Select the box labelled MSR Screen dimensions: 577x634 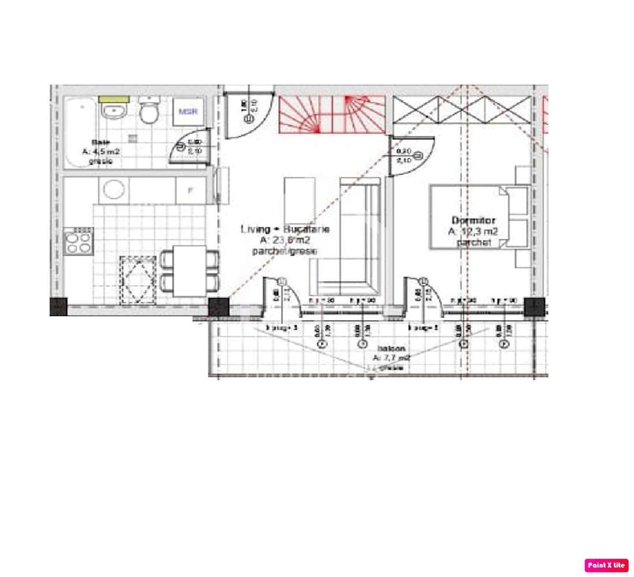tap(188, 111)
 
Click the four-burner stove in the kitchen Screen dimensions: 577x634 tap(79, 241)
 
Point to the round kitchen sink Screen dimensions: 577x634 tap(113, 190)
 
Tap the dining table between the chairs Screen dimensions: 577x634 tap(189, 270)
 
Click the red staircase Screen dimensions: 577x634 tap(331, 114)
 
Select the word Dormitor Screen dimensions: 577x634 tap(473, 220)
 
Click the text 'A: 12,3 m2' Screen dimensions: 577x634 tap(473, 231)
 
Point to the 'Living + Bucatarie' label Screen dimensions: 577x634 tap(285, 229)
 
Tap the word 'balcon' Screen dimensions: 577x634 tap(391, 349)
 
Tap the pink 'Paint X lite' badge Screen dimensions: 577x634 tap(606, 565)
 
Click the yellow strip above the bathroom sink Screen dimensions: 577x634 tap(113, 99)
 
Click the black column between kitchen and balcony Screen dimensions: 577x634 tap(218, 306)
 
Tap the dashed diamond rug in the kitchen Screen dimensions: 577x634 tap(138, 279)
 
